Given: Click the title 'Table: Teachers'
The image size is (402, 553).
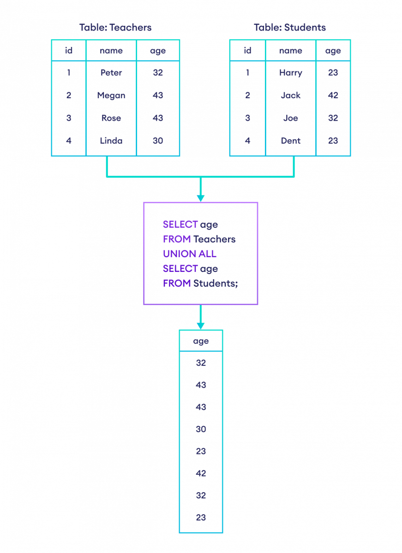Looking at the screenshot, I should [x=115, y=28].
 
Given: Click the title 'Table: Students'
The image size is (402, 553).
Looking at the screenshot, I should [x=290, y=28].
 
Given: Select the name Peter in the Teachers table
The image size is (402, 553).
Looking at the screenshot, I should [x=111, y=73].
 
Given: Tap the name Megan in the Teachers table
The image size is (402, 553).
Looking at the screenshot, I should [x=111, y=95].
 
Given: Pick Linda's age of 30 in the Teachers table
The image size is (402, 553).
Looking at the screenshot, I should [x=158, y=141].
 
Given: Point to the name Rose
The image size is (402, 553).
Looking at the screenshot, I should [x=111, y=118].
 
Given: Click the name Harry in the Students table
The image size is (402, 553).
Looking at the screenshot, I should [x=290, y=73].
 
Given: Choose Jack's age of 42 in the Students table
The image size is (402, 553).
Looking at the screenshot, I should [x=333, y=95].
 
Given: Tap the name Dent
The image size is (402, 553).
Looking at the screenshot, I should [x=290, y=141].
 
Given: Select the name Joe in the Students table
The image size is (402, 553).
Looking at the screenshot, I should [x=290, y=118].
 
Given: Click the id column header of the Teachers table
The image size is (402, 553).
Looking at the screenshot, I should [x=69, y=51].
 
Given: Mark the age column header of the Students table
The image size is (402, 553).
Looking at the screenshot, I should [x=333, y=51].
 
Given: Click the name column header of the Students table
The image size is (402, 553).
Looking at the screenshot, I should [x=290, y=51].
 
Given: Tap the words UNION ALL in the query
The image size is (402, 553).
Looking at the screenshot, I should [x=190, y=254].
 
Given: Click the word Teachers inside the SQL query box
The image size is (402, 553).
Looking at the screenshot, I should [x=214, y=239].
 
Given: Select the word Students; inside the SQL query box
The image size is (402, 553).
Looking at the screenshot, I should [x=216, y=283].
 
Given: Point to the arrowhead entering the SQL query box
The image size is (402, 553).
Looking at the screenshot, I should [x=200, y=198].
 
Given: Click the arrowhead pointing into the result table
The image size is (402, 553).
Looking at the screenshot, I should [x=200, y=326].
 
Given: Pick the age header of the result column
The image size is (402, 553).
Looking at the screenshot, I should [x=201, y=341].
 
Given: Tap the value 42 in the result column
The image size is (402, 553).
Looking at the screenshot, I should [x=201, y=473].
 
